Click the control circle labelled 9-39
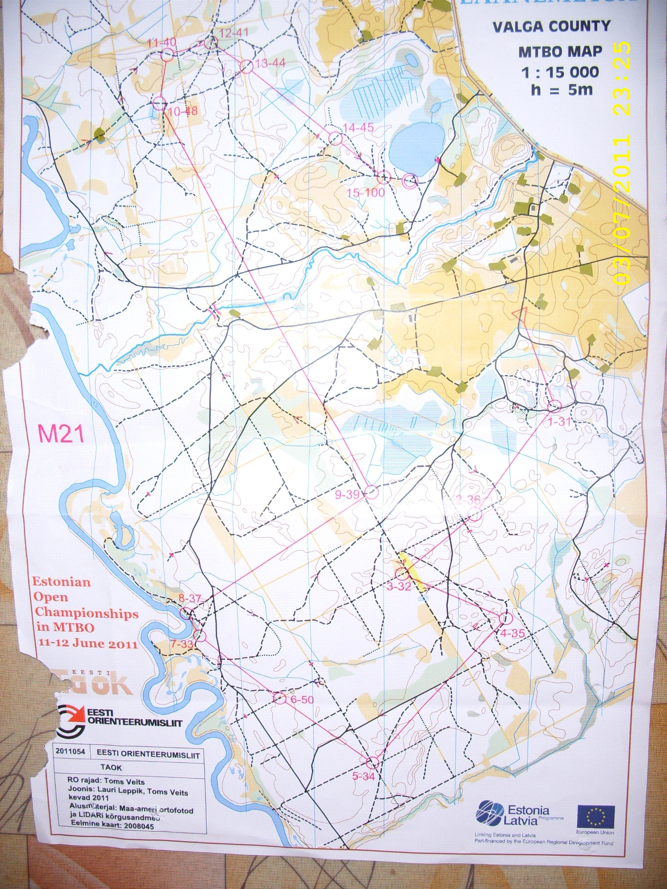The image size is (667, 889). click(371, 491)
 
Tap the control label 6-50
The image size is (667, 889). click(302, 700)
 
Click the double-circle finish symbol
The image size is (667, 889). click(410, 180)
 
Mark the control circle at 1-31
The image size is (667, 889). click(554, 406)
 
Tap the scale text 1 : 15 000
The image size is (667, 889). click(560, 73)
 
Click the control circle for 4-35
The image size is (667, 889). click(505, 618)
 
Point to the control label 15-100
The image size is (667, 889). click(365, 193)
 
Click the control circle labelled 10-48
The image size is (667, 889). click(160, 103)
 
